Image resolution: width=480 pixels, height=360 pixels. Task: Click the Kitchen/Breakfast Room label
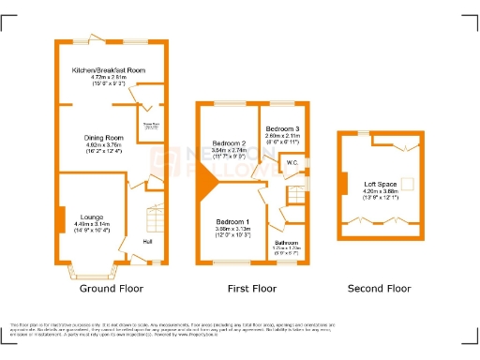click(x=110, y=70)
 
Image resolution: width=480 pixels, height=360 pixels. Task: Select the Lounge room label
click(x=91, y=217)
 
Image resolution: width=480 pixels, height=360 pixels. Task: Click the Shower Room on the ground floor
click(x=148, y=125)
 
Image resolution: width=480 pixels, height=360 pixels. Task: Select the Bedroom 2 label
click(x=228, y=142)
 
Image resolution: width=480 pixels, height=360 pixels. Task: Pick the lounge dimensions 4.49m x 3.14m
click(x=91, y=224)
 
